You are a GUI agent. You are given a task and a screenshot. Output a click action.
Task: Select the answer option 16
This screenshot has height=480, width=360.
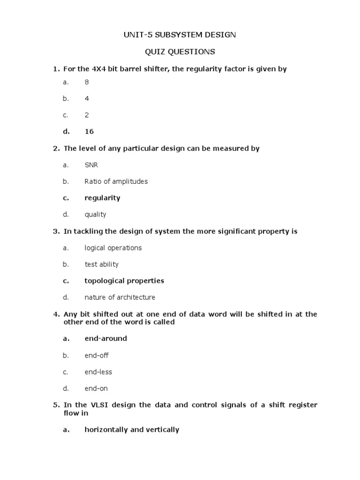tap(89, 132)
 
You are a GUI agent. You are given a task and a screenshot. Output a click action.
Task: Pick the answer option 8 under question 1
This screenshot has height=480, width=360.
tap(87, 82)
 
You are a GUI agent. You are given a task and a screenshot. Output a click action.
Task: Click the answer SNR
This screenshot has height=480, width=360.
tap(91, 165)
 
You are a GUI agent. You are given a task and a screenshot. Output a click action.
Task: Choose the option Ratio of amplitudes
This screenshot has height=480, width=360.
tap(116, 181)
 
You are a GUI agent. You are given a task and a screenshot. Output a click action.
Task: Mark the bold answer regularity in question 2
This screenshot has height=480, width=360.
tap(102, 198)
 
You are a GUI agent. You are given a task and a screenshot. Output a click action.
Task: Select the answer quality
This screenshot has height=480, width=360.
tap(95, 215)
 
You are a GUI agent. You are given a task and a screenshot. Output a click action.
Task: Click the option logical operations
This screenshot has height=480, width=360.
tap(113, 248)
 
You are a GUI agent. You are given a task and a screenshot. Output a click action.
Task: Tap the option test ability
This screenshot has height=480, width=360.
tap(101, 264)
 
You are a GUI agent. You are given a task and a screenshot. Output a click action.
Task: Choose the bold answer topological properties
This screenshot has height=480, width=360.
tap(124, 281)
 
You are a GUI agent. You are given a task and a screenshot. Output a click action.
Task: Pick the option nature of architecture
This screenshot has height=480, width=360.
tap(120, 297)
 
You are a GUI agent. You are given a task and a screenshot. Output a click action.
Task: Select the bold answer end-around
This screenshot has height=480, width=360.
tap(105, 338)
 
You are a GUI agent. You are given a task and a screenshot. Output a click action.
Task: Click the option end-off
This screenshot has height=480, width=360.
tap(96, 355)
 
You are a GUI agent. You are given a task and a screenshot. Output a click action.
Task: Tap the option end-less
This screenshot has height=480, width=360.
tap(98, 372)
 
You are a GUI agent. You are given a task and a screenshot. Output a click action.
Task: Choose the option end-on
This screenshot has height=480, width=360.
tap(96, 389)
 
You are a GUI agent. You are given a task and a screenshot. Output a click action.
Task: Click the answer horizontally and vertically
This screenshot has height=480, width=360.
tap(132, 429)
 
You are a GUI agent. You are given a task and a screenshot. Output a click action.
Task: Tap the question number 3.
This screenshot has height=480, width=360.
tap(56, 232)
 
